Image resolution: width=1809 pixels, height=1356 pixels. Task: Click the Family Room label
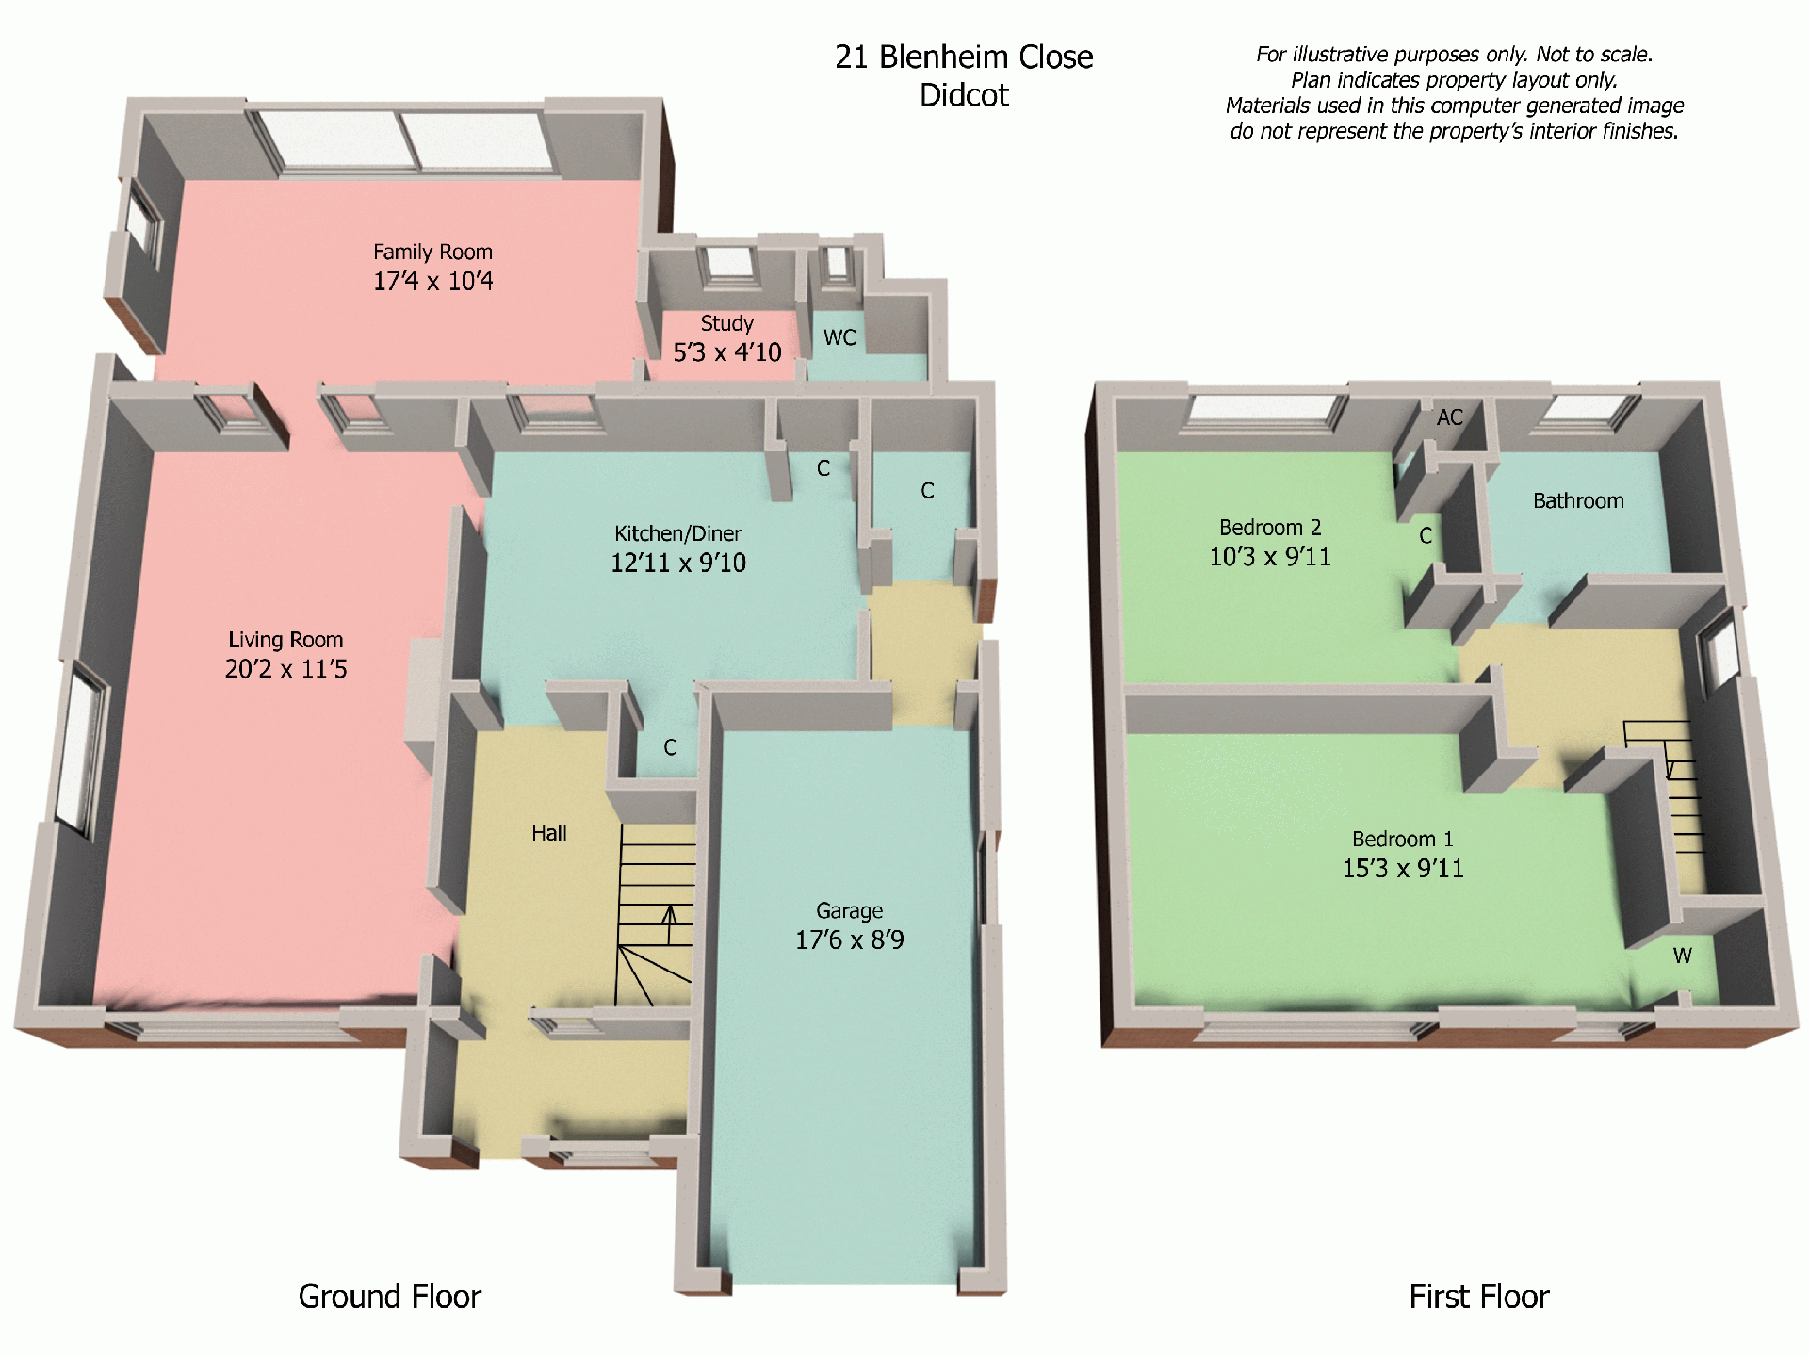pyautogui.click(x=432, y=253)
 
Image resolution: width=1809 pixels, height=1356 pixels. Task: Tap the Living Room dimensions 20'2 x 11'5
pyautogui.click(x=285, y=669)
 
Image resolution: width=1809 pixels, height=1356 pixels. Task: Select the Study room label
pyautogui.click(x=726, y=323)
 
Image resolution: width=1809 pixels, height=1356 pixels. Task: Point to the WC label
pyautogui.click(x=839, y=337)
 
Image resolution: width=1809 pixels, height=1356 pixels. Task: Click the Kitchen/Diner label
pyautogui.click(x=677, y=533)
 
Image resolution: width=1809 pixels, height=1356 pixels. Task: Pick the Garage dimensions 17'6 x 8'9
pyautogui.click(x=849, y=939)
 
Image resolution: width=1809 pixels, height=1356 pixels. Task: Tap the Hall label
pyautogui.click(x=548, y=833)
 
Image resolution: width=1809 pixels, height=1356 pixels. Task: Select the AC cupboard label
pyautogui.click(x=1449, y=417)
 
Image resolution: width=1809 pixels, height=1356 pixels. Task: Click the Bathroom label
pyautogui.click(x=1578, y=501)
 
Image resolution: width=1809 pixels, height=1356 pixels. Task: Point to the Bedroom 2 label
pyautogui.click(x=1269, y=528)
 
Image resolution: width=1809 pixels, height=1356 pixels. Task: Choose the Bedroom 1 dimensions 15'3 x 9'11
pyautogui.click(x=1402, y=868)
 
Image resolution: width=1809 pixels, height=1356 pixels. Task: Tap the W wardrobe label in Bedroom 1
pyautogui.click(x=1682, y=956)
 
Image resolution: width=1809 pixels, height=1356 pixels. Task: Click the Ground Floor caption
pyautogui.click(x=389, y=1297)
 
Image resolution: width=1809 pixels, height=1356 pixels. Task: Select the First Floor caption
pyautogui.click(x=1478, y=1297)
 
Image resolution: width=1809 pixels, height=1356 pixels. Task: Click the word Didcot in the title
pyautogui.click(x=964, y=95)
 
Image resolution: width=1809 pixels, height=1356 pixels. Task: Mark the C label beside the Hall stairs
pyautogui.click(x=670, y=747)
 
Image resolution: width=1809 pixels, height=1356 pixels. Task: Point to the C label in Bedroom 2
pyautogui.click(x=1426, y=536)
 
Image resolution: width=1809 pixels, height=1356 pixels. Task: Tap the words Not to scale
pyautogui.click(x=1594, y=55)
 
